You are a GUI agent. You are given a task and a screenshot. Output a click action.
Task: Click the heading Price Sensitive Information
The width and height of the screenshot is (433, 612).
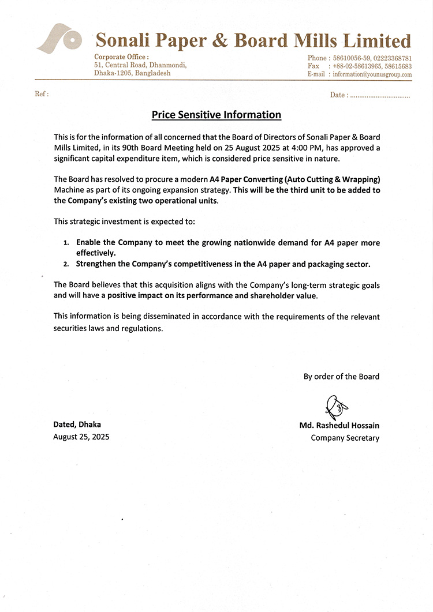pos(216,115)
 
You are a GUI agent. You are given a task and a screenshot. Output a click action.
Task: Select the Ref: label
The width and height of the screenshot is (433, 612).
pos(42,94)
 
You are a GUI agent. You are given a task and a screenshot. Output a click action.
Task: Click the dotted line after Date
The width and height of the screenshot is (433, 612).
pos(379,96)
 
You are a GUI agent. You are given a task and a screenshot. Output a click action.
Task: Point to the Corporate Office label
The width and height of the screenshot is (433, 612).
pos(121,57)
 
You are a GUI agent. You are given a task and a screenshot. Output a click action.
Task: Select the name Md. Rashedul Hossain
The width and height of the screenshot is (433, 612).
pos(339,426)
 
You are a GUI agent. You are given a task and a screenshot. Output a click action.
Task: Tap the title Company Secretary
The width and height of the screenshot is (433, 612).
pos(345,438)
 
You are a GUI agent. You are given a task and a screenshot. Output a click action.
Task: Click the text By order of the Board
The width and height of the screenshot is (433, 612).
pos(341,377)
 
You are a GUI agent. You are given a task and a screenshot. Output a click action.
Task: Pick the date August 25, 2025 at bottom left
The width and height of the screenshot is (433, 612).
pos(81,437)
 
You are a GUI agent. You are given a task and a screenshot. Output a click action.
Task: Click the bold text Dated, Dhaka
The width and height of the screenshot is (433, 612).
pos(77,425)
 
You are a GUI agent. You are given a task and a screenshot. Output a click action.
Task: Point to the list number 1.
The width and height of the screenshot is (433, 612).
pos(66,243)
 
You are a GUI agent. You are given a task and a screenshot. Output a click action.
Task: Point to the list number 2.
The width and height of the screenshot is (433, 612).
pos(66,264)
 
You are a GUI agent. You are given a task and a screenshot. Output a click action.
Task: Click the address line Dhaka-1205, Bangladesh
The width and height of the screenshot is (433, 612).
pos(132,73)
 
